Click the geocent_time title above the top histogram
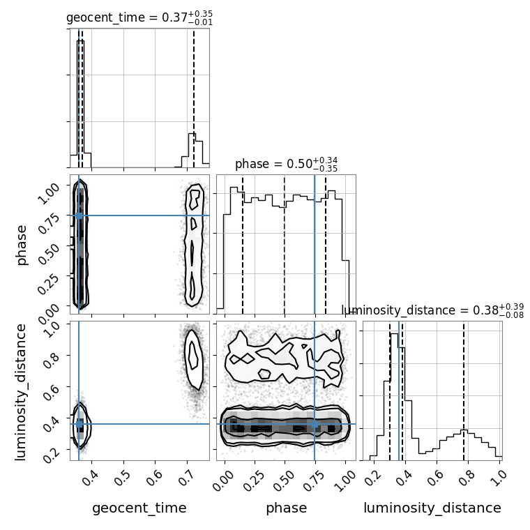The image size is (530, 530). click(x=139, y=17)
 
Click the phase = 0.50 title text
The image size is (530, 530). click(x=286, y=164)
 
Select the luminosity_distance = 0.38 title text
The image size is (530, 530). click(x=432, y=310)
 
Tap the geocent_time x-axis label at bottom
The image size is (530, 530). click(x=139, y=508)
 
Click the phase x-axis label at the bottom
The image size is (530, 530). click(x=287, y=508)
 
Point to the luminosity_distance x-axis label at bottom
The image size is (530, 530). click(x=432, y=508)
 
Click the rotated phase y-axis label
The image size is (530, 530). click(x=21, y=245)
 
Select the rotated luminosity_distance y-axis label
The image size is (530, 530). click(x=20, y=392)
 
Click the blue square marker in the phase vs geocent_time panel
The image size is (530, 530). click(x=79, y=215)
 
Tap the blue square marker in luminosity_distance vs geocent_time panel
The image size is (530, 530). click(x=79, y=424)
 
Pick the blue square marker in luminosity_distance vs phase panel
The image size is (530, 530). click(x=315, y=424)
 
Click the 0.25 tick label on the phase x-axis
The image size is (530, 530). click(x=254, y=480)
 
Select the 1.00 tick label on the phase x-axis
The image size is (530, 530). click(x=344, y=480)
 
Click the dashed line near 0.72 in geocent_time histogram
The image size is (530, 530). click(x=194, y=98)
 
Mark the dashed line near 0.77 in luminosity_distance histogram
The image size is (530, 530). click(x=464, y=391)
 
